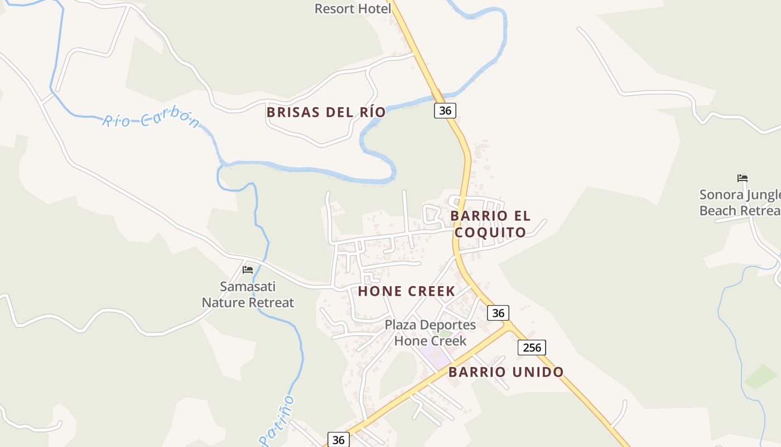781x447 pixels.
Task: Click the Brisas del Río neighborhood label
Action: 326,112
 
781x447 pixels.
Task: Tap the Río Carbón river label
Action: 151,120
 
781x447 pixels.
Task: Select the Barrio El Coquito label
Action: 490,223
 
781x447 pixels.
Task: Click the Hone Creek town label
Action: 407,291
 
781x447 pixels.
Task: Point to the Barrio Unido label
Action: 506,372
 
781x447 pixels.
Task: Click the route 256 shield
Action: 532,348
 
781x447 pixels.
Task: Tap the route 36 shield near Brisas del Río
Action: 445,111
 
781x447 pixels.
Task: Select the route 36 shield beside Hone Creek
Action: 498,313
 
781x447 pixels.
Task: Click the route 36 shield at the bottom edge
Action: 338,440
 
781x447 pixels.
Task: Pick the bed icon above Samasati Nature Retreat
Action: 248,270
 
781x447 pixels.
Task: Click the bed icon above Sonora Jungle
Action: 742,179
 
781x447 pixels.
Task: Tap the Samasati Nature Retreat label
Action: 248,294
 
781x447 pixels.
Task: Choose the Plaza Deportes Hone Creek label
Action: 430,332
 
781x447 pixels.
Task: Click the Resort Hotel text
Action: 353,8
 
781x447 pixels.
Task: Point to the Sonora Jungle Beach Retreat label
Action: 740,202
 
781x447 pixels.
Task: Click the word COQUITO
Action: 490,232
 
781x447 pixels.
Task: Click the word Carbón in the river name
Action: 170,118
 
